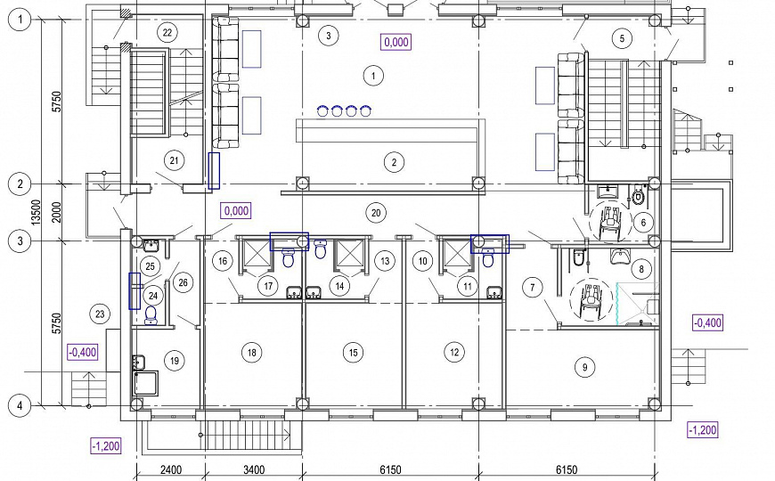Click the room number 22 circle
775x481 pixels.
[x=167, y=33]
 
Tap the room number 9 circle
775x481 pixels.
[x=584, y=367]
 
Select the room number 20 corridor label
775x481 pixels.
[x=376, y=213]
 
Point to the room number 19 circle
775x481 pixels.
[x=174, y=361]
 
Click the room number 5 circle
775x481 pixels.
[x=622, y=38]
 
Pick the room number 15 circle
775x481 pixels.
[x=353, y=353]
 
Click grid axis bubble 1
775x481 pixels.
[x=20, y=20]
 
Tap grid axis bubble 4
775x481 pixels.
[x=20, y=406]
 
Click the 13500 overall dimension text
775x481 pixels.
[x=36, y=213]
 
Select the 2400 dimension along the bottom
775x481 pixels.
[x=170, y=469]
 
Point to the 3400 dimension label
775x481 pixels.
[x=254, y=469]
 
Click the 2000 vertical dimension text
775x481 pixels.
[x=57, y=213]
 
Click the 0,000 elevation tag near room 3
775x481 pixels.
[x=396, y=42]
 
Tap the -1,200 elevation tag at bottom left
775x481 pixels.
[x=106, y=446]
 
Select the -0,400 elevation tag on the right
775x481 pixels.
[x=708, y=322]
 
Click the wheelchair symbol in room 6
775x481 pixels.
[x=610, y=223]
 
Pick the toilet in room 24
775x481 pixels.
[x=151, y=315]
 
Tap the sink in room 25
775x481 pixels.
[x=151, y=245]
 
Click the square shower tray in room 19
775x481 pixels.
[x=146, y=384]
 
